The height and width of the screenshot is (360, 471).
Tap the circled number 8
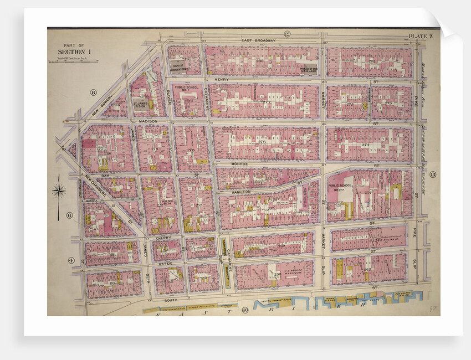click(93, 92)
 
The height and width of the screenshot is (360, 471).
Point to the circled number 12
click(288, 34)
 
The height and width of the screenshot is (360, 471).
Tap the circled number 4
click(70, 260)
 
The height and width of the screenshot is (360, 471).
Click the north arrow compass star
click(59, 191)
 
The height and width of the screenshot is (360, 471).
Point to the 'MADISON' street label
click(148, 121)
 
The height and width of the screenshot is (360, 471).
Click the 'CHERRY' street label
click(163, 237)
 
